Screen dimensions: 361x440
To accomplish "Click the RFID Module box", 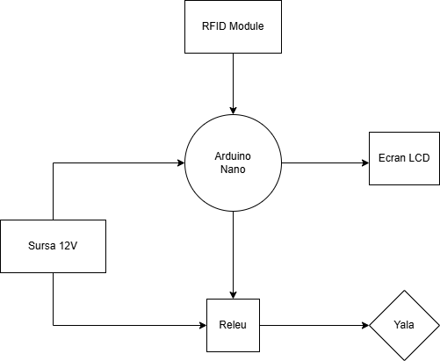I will coord(233,26).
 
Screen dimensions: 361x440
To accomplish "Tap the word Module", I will coord(247,26).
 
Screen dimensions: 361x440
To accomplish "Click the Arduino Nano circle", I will coord(233,162).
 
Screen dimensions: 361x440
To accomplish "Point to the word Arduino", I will coord(233,155).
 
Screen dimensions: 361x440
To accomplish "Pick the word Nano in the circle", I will coord(233,170).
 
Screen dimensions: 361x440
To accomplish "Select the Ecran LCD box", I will coord(404,158).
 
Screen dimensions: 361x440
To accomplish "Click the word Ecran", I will coord(393,158).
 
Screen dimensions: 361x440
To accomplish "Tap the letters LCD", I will coord(419,158).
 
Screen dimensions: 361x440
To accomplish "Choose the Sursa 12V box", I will coord(53,246).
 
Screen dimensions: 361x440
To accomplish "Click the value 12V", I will coord(69,246).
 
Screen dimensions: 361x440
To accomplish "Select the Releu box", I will coord(233,325).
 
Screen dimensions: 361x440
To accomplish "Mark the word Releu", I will coord(233,325).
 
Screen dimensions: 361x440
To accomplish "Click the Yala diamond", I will coord(404,325).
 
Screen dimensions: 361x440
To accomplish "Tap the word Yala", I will coord(404,325).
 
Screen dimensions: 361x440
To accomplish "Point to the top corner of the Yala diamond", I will coord(404,292).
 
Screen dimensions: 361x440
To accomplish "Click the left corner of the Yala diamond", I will coord(371,325).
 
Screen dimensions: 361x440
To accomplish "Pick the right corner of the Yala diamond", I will coord(437,325).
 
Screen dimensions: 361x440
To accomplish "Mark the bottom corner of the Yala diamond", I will coord(404,358).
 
